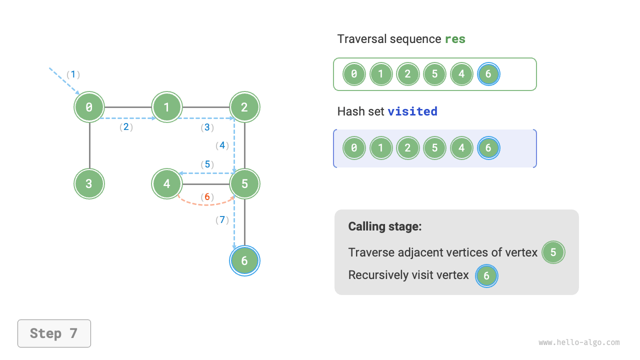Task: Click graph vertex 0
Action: point(89,106)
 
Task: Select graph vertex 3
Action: point(89,183)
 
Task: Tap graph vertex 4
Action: point(167,183)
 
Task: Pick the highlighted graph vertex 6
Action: point(244,260)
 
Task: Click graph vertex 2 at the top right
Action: point(244,106)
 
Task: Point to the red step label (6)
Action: point(207,196)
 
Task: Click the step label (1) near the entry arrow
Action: point(73,74)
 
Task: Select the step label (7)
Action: point(222,219)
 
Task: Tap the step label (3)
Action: point(207,127)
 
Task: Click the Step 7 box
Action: point(54,333)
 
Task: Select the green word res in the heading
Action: point(455,39)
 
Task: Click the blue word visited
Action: point(412,111)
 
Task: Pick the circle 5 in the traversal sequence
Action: point(434,74)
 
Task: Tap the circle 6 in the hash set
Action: point(488,148)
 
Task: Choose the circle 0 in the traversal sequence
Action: point(354,74)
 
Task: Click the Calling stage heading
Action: point(385,226)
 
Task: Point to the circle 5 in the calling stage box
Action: point(553,252)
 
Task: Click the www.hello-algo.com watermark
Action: point(579,342)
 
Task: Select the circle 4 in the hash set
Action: point(461,148)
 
